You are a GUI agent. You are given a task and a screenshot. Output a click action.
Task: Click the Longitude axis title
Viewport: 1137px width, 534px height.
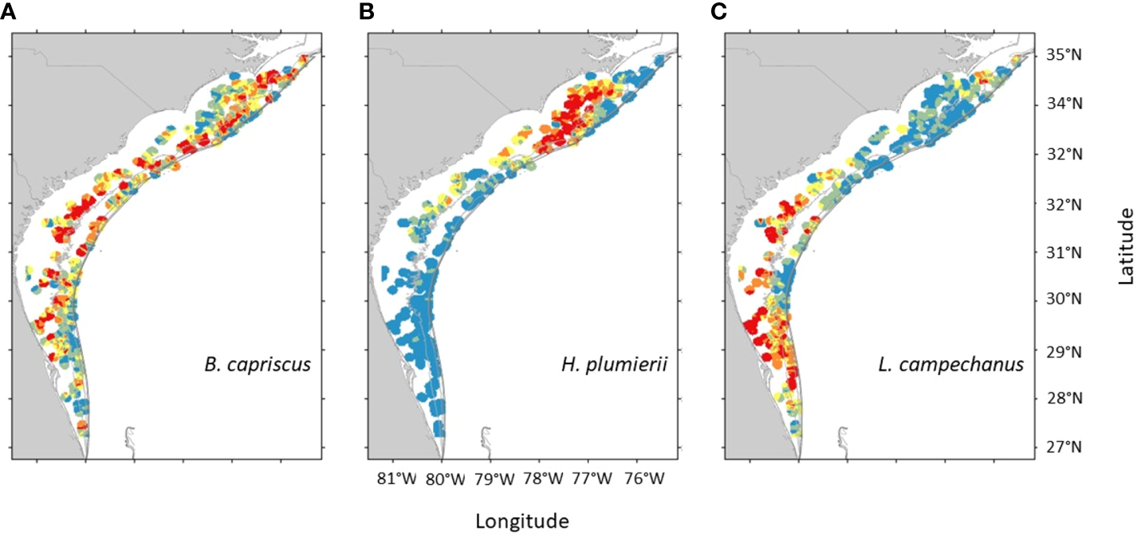522,521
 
